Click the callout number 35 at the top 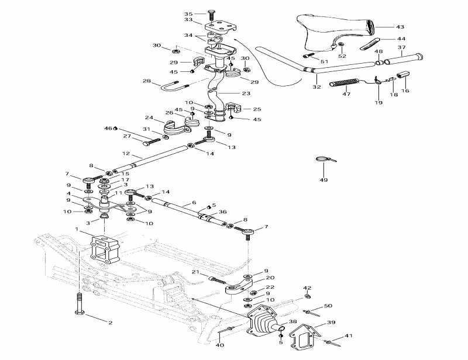(188, 13)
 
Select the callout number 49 (324, 180)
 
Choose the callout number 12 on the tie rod (125, 154)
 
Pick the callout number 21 (196, 272)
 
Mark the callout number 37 (401, 47)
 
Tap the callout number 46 (108, 128)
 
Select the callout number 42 (307, 288)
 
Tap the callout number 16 (405, 91)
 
